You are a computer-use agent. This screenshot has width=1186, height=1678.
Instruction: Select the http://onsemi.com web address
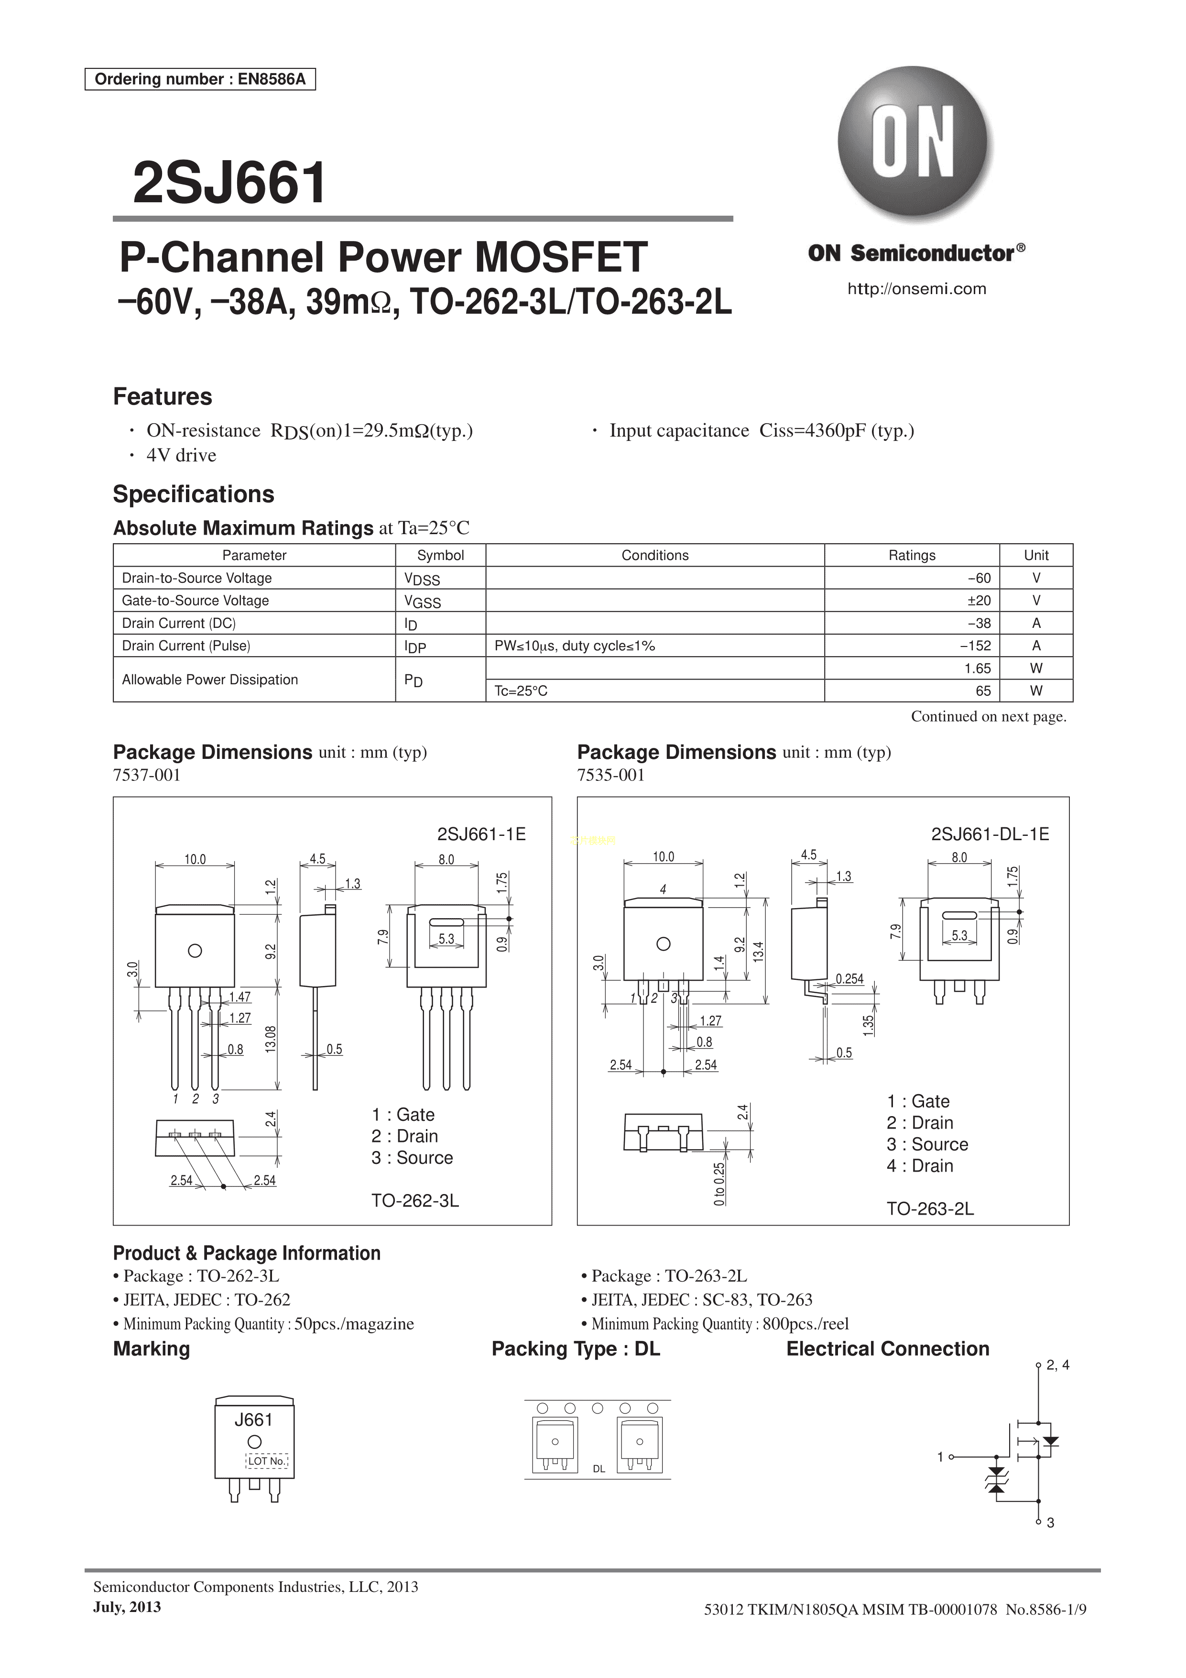click(x=916, y=289)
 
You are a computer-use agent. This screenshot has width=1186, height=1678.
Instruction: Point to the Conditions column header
click(x=655, y=555)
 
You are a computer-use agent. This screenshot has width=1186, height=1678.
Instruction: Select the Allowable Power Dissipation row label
click(x=210, y=679)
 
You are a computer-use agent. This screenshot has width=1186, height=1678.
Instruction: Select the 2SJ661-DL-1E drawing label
click(x=990, y=834)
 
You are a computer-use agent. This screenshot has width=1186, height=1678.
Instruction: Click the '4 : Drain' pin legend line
click(x=920, y=1166)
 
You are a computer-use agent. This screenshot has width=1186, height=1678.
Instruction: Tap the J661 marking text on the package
click(x=253, y=1420)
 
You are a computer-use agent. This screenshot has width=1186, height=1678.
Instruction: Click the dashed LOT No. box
click(x=267, y=1461)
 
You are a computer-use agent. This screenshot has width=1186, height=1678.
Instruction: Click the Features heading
click(x=162, y=397)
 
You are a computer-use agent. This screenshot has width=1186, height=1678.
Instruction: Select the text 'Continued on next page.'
click(x=988, y=716)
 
